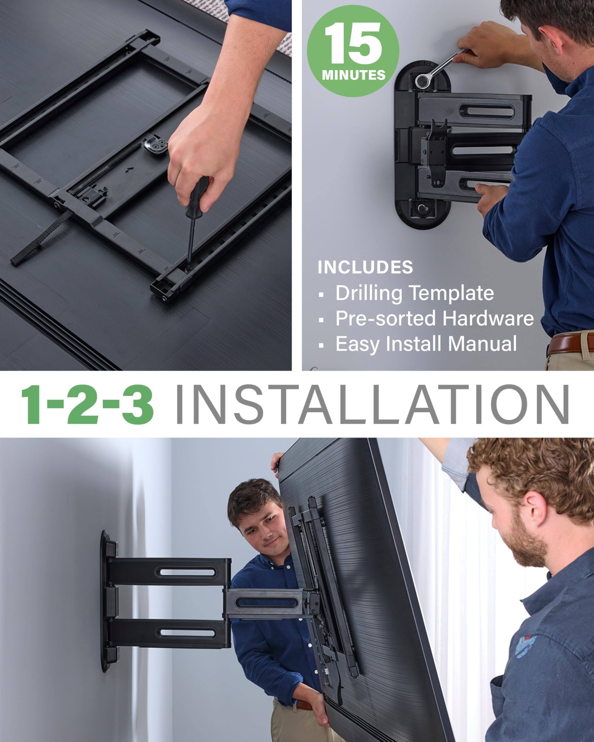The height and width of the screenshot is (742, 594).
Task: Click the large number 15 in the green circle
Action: [353, 44]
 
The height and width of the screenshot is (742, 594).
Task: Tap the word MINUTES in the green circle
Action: [354, 75]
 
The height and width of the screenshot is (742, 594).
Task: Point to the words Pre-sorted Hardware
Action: [434, 318]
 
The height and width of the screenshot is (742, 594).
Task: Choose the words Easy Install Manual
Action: [426, 344]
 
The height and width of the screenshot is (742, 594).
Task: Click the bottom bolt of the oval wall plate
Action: [421, 208]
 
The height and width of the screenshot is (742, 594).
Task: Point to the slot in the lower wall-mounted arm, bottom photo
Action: [186, 632]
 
